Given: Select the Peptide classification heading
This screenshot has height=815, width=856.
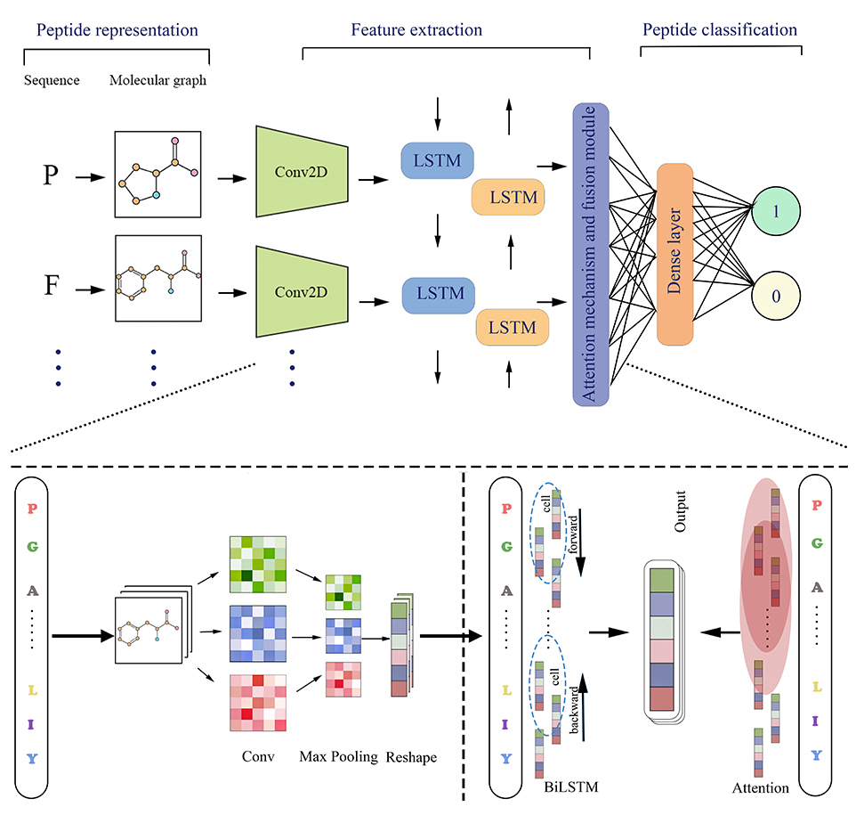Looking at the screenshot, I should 719,29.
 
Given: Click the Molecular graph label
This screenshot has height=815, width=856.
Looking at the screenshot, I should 158,80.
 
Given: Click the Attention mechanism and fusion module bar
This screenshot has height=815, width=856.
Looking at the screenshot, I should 592,254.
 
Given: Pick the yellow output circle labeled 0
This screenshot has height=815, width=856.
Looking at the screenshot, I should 775,295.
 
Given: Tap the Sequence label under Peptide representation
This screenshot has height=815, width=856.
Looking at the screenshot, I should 51,80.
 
